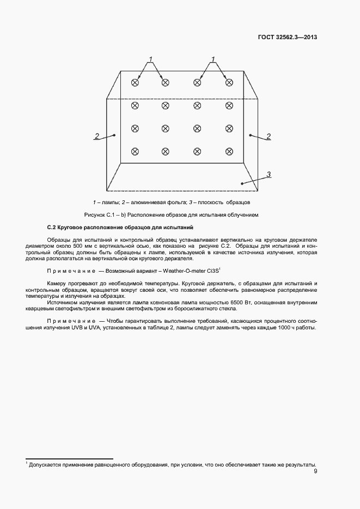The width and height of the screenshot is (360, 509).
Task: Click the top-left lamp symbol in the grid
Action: (x=135, y=82)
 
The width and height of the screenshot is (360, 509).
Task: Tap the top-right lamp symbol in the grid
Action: (x=229, y=82)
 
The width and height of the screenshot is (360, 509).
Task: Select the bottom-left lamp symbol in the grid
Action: (x=135, y=151)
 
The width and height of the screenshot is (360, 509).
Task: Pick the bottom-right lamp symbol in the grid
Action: (x=229, y=151)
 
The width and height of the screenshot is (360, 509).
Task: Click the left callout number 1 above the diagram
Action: (x=150, y=59)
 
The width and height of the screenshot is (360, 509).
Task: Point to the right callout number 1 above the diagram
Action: (x=213, y=59)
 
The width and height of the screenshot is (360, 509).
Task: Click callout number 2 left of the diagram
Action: (x=96, y=136)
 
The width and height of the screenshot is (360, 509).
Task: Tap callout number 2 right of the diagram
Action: (x=268, y=136)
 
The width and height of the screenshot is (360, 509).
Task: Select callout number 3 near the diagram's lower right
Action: (x=269, y=174)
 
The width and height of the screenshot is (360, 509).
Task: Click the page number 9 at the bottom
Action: (x=315, y=472)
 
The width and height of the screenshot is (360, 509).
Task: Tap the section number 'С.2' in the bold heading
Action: (x=52, y=226)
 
